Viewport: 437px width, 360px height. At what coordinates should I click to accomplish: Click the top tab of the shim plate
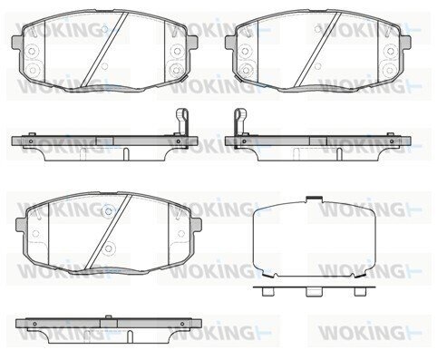315,199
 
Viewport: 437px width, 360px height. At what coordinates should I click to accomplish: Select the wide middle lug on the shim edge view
315,292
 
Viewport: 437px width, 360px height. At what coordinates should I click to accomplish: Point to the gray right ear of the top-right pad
405,43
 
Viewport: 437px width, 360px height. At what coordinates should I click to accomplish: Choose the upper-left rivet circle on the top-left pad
33,52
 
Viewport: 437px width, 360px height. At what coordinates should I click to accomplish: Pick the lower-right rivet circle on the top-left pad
176,70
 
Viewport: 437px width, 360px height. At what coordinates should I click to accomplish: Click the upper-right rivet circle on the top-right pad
390,52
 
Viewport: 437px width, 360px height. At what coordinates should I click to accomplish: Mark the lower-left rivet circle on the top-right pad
246,70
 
